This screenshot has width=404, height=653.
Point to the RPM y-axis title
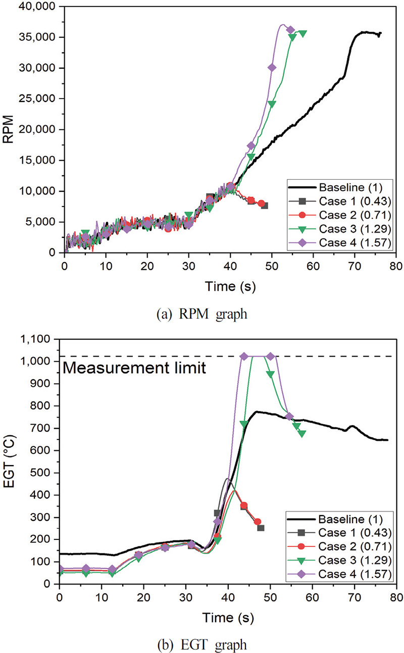(9, 129)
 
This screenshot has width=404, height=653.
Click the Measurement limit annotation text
(134, 369)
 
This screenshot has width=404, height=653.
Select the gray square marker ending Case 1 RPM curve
(264, 206)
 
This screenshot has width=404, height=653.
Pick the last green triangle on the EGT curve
(301, 433)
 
